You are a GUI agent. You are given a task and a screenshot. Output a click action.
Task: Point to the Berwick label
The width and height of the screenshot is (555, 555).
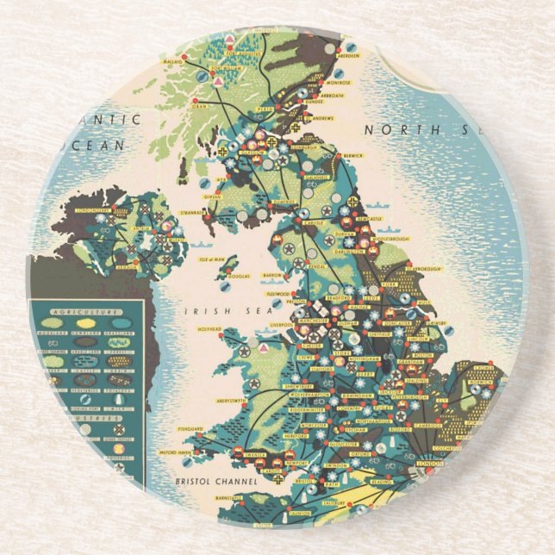(x=352, y=156)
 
